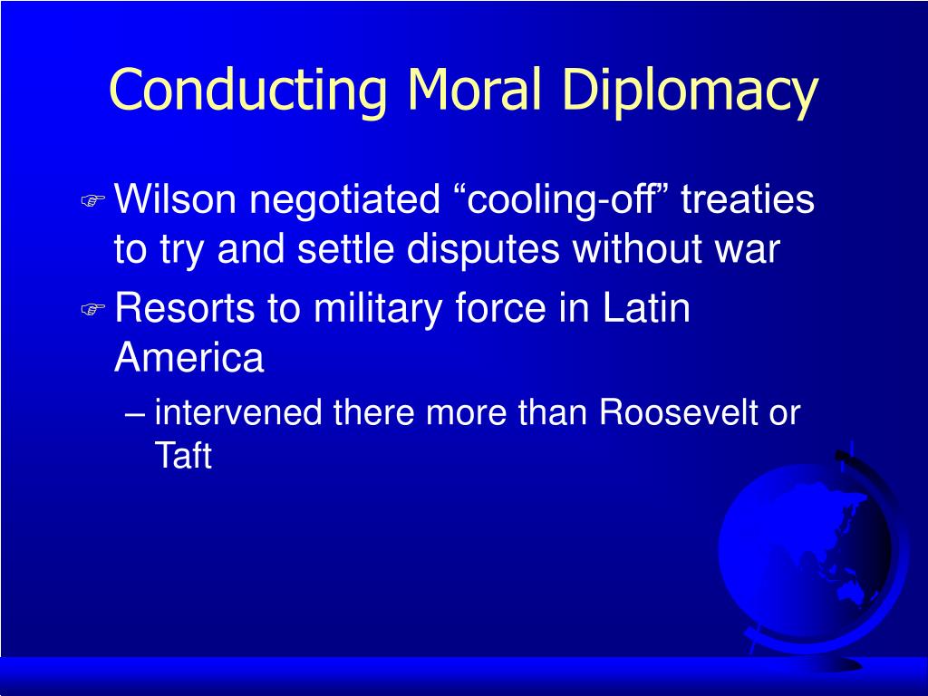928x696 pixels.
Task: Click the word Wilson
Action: pyautogui.click(x=175, y=198)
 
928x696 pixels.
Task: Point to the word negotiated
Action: pyautogui.click(x=345, y=200)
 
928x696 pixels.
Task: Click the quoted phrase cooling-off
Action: pyautogui.click(x=565, y=199)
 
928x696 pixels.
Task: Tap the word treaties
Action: pyautogui.click(x=748, y=198)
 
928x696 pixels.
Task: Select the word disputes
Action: pyautogui.click(x=482, y=250)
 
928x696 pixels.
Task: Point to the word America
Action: pyautogui.click(x=188, y=357)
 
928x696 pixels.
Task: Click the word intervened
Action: pyautogui.click(x=238, y=412)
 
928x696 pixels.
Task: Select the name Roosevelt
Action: pyautogui.click(x=678, y=412)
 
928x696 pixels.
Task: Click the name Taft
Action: pyautogui.click(x=183, y=455)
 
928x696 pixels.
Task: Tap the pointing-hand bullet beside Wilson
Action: pyautogui.click(x=93, y=200)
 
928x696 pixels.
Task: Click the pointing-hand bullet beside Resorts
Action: pyautogui.click(x=93, y=309)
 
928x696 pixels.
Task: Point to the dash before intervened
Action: pyautogui.click(x=136, y=413)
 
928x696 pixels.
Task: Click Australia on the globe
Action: pyautogui.click(x=853, y=594)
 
